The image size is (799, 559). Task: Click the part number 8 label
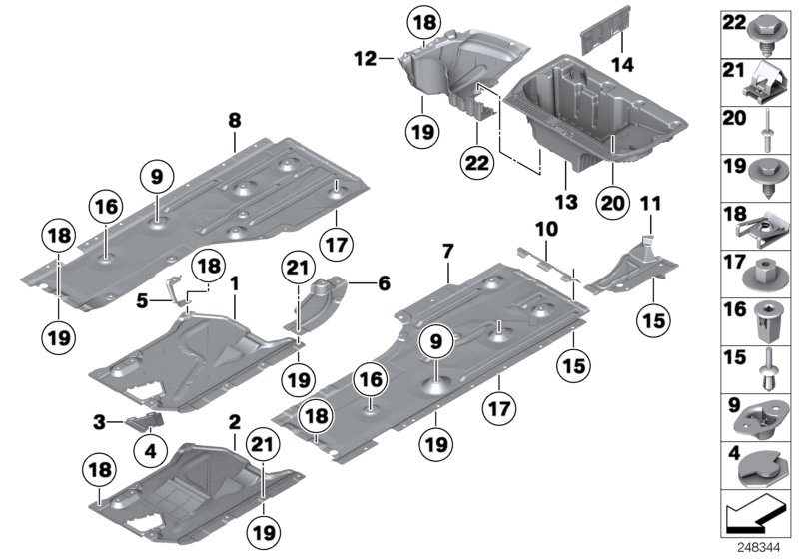click(x=234, y=120)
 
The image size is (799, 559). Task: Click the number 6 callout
click(x=384, y=283)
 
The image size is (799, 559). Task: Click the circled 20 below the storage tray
click(x=613, y=201)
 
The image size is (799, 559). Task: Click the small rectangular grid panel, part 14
click(x=600, y=44)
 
